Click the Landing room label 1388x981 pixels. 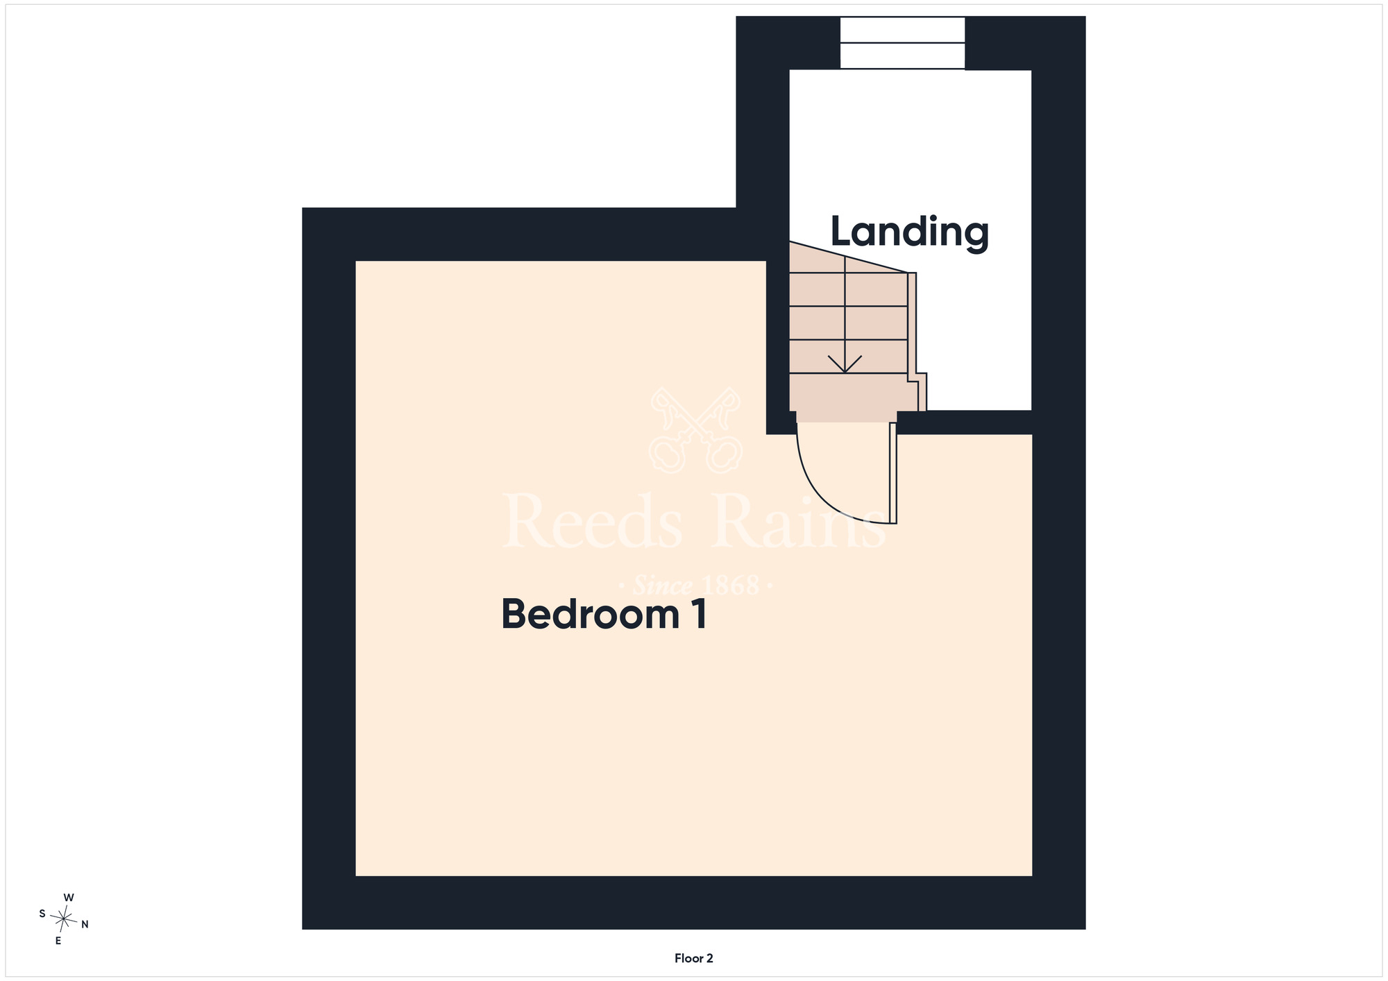909,233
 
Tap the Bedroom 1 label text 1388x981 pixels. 604,615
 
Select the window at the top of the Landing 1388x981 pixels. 902,43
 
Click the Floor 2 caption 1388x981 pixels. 694,958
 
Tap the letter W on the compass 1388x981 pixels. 69,898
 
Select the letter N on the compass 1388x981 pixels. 85,924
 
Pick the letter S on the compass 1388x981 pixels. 42,914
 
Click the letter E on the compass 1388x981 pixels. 58,941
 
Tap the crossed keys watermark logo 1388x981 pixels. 695,430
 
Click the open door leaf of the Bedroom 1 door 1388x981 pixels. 893,472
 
